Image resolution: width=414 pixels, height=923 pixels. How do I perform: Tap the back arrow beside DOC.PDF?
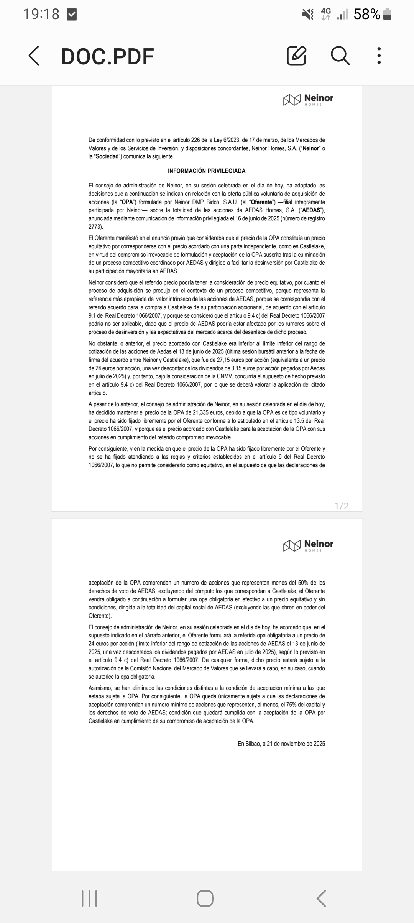(x=34, y=56)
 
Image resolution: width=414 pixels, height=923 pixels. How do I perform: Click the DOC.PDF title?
(x=107, y=57)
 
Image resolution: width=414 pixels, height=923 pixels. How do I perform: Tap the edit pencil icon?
(x=296, y=56)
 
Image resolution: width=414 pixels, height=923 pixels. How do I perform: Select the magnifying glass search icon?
(x=340, y=56)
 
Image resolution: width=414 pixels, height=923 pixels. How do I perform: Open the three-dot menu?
(x=379, y=56)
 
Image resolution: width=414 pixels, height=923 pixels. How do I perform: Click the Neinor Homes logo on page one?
(x=308, y=100)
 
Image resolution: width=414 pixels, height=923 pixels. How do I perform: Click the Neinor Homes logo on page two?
(x=308, y=545)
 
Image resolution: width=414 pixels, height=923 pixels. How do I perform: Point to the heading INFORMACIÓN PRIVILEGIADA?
(x=207, y=171)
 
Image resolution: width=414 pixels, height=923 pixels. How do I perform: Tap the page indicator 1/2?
(x=342, y=506)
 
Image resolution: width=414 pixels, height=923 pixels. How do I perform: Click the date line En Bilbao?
(x=281, y=744)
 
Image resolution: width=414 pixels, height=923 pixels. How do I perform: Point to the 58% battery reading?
(x=367, y=15)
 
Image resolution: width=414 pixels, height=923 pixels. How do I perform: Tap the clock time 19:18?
(x=41, y=15)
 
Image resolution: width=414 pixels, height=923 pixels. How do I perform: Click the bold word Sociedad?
(x=107, y=156)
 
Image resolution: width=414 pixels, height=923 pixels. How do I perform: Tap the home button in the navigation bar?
(x=205, y=898)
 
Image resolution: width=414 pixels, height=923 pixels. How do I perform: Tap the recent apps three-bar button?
(x=89, y=898)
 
